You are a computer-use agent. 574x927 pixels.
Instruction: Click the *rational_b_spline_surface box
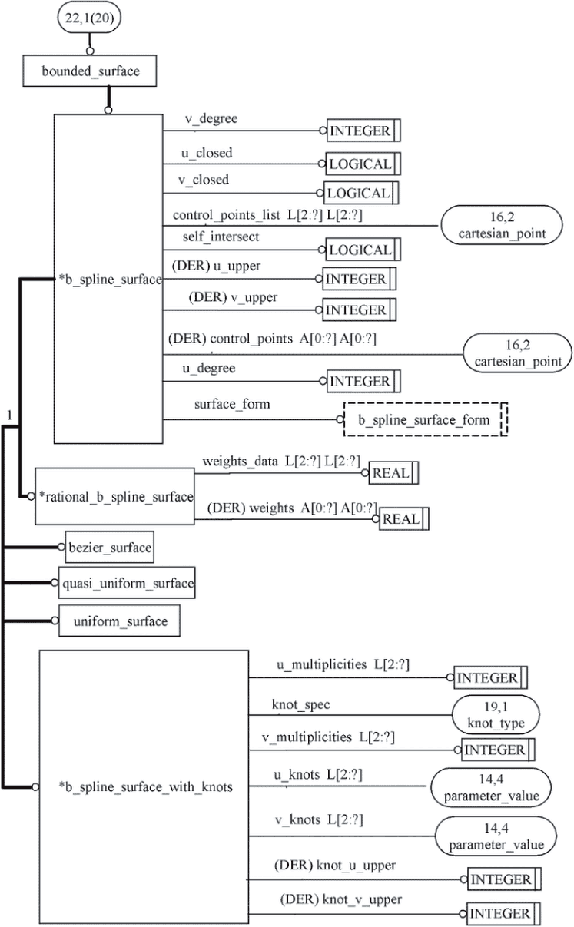[115, 496]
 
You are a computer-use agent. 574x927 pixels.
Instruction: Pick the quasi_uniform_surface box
[127, 583]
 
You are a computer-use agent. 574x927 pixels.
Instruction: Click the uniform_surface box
[119, 621]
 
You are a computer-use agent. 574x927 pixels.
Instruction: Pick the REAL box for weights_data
[394, 472]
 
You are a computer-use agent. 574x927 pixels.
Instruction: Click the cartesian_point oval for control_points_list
[499, 225]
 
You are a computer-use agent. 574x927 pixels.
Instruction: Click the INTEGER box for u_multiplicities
[490, 677]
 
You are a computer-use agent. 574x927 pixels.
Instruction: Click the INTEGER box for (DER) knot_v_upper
[504, 913]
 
